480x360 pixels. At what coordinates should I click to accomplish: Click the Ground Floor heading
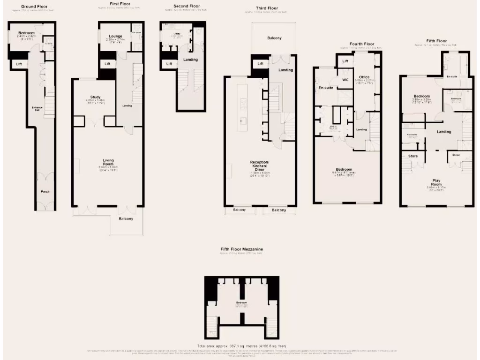pos(35,7)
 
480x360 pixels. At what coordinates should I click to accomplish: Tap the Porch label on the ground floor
pos(45,191)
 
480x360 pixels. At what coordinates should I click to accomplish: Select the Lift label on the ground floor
pos(19,64)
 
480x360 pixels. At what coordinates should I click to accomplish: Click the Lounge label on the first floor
pos(115,36)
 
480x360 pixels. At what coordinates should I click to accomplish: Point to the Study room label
pos(96,97)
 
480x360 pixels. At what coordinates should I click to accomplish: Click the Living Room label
pos(108,162)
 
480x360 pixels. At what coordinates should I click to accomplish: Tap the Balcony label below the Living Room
pos(126,219)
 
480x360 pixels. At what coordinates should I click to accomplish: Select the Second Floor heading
pos(187,6)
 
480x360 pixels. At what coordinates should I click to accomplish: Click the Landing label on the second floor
pos(190,60)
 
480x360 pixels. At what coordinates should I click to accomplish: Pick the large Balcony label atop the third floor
pos(275,38)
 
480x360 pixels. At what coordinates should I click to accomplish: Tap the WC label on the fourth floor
pos(345,80)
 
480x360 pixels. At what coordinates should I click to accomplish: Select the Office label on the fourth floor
pos(365,77)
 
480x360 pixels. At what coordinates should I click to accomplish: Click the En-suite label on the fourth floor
pos(325,87)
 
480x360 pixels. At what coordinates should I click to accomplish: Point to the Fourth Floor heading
pos(362,44)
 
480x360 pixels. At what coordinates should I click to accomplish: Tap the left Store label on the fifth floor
pos(413,156)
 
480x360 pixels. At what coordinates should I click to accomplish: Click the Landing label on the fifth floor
pos(443,132)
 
